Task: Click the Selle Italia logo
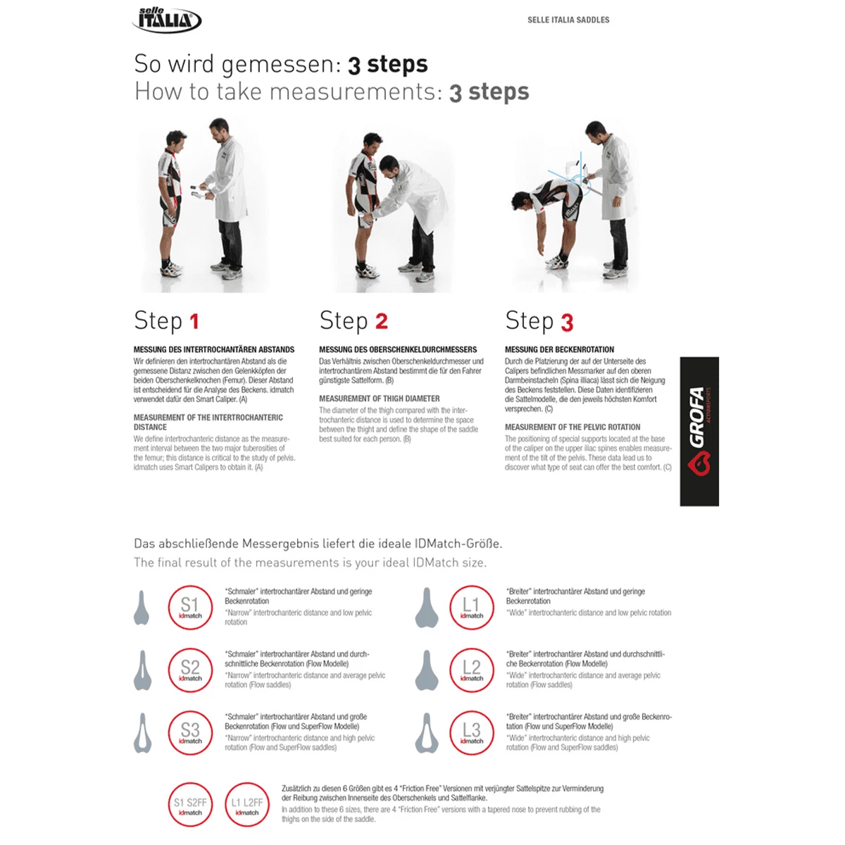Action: coord(167,19)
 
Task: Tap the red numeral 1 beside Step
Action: coord(194,322)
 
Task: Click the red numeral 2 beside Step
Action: coord(381,322)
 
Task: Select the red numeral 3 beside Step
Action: coord(567,323)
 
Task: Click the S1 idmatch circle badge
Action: coord(190,607)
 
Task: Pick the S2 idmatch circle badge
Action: coord(190,670)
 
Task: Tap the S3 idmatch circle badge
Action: coord(190,732)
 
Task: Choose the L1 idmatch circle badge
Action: coord(472,607)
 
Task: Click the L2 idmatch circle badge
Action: coord(472,670)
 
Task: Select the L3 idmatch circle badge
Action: coord(472,732)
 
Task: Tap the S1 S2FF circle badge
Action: coord(190,805)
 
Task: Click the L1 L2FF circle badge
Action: coord(247,805)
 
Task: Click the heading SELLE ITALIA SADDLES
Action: coord(568,20)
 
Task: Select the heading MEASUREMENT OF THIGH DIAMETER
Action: coord(379,399)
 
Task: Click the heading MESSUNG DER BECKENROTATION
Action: coord(559,349)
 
